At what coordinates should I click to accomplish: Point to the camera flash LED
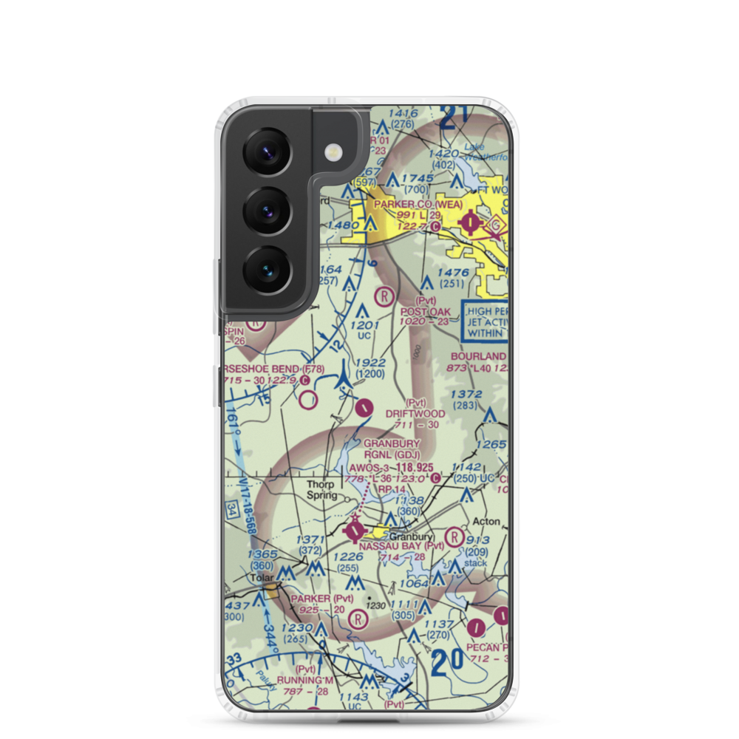[x=335, y=153]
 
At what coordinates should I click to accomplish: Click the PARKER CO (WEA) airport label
[x=418, y=205]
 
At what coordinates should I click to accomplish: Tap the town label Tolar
[x=261, y=576]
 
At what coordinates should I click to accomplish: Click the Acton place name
[x=486, y=522]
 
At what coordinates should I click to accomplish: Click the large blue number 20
[x=449, y=659]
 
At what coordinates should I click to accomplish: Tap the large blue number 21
[x=455, y=118]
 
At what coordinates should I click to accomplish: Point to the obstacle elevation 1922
[x=369, y=363]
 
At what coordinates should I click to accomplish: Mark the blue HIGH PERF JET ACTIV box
[x=486, y=321]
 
